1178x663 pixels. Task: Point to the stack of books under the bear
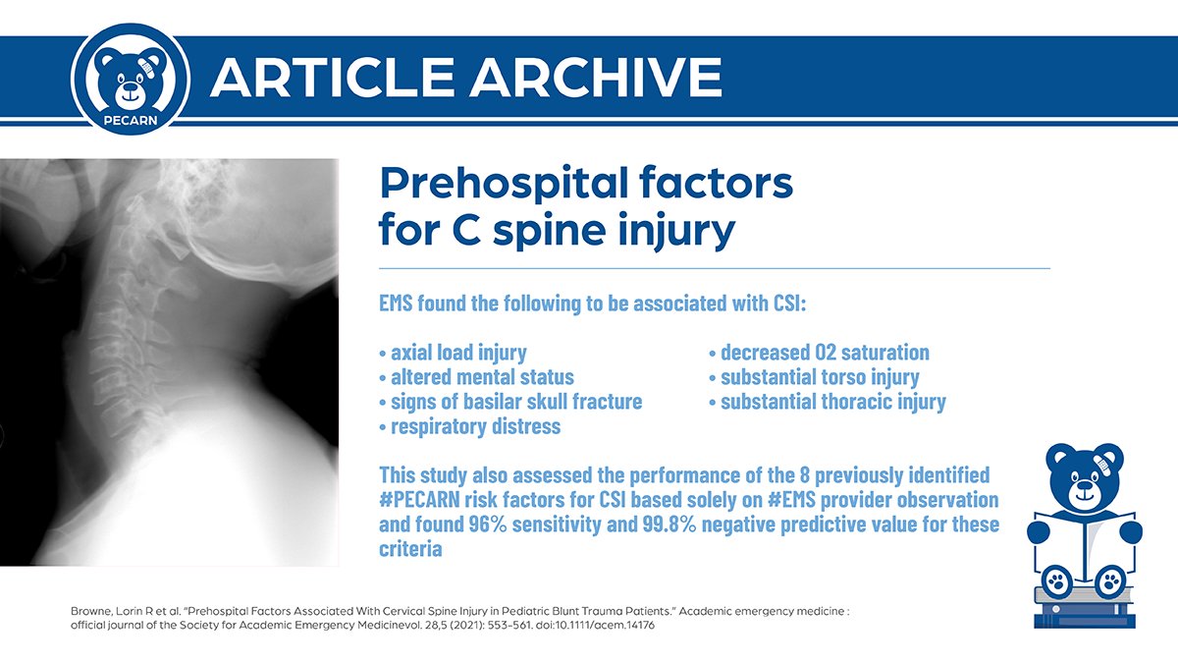point(1084,610)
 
